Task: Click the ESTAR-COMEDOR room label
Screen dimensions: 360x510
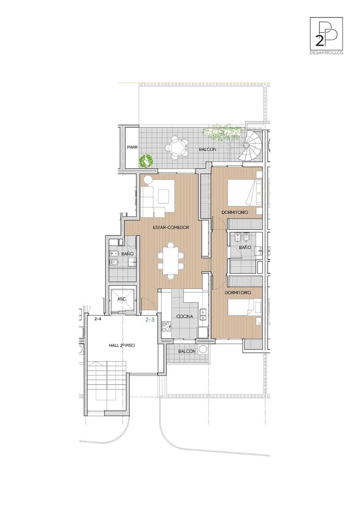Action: pos(170,227)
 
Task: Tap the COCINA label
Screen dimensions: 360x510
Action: pos(184,316)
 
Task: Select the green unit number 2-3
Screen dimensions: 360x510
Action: pos(150,320)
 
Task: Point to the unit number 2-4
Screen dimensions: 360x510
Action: pos(98,319)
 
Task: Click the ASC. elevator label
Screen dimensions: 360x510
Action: pos(122,299)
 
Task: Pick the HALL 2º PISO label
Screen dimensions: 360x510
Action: pos(122,345)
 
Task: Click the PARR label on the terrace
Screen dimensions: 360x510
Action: pos(132,147)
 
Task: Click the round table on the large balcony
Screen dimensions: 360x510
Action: pos(176,147)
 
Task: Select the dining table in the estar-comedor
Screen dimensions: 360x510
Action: pos(170,261)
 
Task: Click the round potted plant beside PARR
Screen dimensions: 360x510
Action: pos(146,161)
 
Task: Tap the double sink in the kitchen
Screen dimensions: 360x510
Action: pos(203,314)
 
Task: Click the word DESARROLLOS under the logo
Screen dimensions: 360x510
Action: pos(326,53)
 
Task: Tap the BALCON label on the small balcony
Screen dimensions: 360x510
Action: pos(187,351)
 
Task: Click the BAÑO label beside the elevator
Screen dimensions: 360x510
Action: pos(127,254)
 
